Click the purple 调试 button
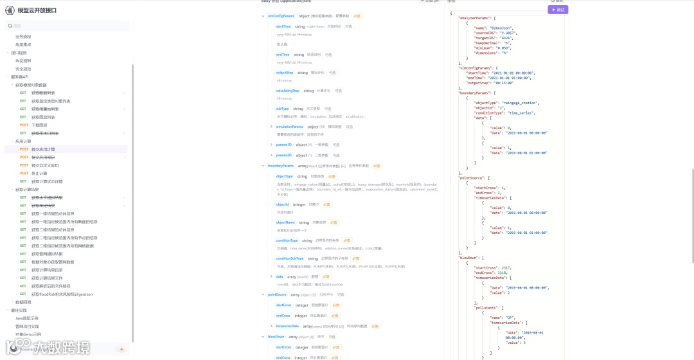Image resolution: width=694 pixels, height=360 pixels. pos(558,10)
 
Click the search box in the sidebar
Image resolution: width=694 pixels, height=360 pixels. pos(67,26)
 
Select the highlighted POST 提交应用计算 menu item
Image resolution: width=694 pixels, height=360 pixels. pos(43,149)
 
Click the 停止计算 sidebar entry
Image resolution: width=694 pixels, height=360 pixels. pos(39,174)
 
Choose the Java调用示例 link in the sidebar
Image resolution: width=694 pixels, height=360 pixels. pos(27,318)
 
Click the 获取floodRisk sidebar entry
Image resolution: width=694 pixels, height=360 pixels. pos(62,294)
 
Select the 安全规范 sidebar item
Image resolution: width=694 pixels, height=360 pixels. pos(23,69)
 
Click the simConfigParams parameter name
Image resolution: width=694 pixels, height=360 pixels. pos(281,15)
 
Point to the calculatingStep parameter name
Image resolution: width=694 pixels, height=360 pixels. pos(287,91)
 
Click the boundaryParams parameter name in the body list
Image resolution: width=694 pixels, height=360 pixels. pos(281,166)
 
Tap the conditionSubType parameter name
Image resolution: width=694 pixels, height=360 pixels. pos(290,258)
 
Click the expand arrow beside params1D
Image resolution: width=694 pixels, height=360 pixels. pos(271,145)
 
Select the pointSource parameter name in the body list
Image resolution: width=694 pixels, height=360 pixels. pos(277,294)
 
